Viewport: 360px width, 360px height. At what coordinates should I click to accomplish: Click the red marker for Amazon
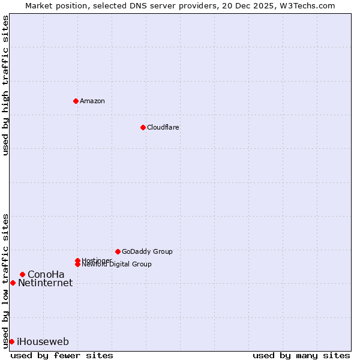pos(76,101)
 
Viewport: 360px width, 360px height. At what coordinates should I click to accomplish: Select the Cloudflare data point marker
pos(143,127)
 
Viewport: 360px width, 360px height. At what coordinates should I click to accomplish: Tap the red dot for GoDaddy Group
pos(118,251)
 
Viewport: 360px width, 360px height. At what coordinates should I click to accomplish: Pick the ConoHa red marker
pos(22,274)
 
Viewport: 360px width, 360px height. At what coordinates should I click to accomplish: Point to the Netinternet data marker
pos(13,283)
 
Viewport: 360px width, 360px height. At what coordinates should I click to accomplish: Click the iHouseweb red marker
pos(11,341)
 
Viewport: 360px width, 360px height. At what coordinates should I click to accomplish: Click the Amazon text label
pos(92,101)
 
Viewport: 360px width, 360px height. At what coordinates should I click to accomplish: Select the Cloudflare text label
pos(163,127)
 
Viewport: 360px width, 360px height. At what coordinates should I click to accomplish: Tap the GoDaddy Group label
pos(147,251)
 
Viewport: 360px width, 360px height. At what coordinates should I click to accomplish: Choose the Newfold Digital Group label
pos(117,264)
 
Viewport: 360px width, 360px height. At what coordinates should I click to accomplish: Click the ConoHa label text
pos(46,274)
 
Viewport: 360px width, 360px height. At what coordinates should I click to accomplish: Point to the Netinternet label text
pos(46,283)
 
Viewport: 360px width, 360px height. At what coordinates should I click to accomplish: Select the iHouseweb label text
pos(43,342)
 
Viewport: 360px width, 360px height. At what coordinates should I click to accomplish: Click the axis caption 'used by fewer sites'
pos(62,355)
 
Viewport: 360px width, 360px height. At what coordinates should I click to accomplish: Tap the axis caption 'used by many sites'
pos(301,355)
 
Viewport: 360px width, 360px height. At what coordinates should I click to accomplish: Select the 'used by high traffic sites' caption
pos(5,86)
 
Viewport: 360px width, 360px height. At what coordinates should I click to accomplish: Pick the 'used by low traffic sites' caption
pos(5,280)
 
